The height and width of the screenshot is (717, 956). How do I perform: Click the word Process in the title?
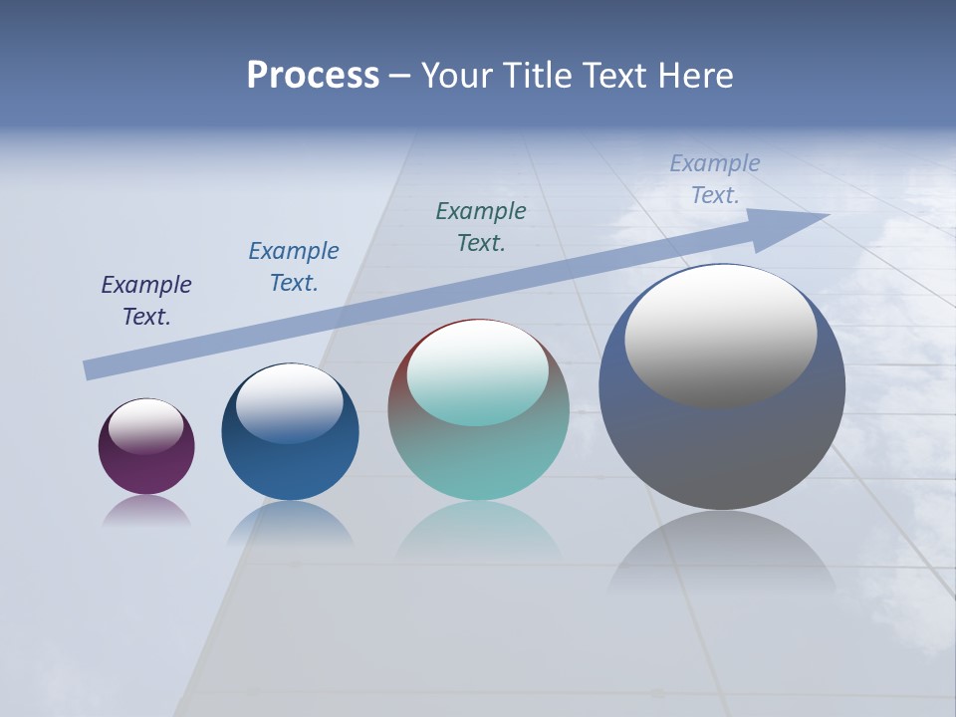point(313,76)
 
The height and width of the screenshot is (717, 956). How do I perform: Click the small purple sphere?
point(146,468)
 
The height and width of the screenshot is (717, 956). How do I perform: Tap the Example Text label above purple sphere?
point(146,301)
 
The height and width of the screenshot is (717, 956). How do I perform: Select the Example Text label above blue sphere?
point(294,267)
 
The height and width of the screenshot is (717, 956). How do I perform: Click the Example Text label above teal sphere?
point(481,227)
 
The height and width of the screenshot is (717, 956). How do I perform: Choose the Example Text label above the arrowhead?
point(715,179)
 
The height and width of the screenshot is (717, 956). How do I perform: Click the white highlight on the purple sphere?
point(146,426)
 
